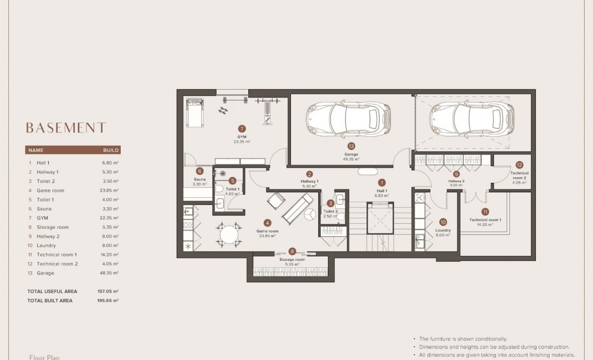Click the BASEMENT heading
pyautogui.click(x=66, y=128)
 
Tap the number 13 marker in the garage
pyautogui.click(x=351, y=146)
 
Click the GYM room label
pyautogui.click(x=242, y=137)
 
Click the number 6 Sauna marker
pyautogui.click(x=200, y=171)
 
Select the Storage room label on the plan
pyautogui.click(x=292, y=259)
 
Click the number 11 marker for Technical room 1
pyautogui.click(x=485, y=212)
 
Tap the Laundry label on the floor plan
pyautogui.click(x=443, y=230)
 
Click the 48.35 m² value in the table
pyautogui.click(x=110, y=273)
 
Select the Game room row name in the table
pyautogui.click(x=50, y=191)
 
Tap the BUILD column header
pyautogui.click(x=111, y=150)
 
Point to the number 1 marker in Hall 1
pyautogui.click(x=381, y=182)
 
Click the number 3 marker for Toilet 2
pyautogui.click(x=330, y=203)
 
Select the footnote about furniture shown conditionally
pyautogui.click(x=463, y=338)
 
